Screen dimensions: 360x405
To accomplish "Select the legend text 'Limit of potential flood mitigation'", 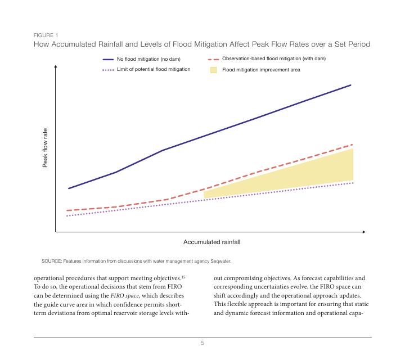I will tap(154, 69).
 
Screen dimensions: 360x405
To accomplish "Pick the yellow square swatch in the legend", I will tap(213, 70).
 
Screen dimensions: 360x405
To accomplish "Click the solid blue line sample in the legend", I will tap(108, 59).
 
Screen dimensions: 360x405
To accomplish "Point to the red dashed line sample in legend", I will tap(213, 59).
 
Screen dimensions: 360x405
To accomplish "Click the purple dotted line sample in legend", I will tap(108, 70).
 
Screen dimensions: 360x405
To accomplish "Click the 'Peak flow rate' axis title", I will tap(46, 147).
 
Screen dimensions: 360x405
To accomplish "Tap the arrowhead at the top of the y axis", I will tap(56, 66).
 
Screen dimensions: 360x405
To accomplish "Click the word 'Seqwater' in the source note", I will tap(220, 261).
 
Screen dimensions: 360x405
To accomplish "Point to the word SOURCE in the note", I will tap(51, 261).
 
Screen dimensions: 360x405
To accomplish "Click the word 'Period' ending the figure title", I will tap(359, 44).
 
